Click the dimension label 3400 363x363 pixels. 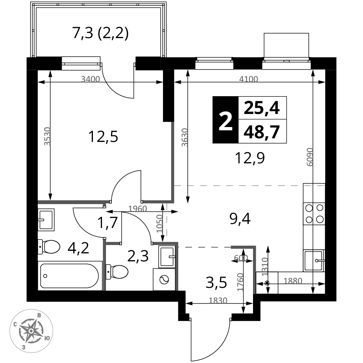tap(90, 79)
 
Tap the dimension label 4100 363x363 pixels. tap(249, 79)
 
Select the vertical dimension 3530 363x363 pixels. tap(47, 136)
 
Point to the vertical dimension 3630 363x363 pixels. tap(185, 137)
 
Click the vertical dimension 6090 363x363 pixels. tap(310, 157)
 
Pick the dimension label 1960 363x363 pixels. tap(138, 209)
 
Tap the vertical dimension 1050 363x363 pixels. tap(160, 223)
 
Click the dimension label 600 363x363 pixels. tap(241, 258)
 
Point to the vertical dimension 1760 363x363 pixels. tap(240, 282)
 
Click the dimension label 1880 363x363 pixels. tap(293, 281)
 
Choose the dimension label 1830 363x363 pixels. tap(218, 301)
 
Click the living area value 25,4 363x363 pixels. tap(262, 108)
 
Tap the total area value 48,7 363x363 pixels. tap(262, 131)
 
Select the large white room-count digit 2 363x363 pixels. tap(225, 122)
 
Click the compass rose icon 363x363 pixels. tap(31, 331)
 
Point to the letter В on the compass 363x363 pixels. tap(39, 316)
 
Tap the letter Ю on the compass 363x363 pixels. tap(47, 338)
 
